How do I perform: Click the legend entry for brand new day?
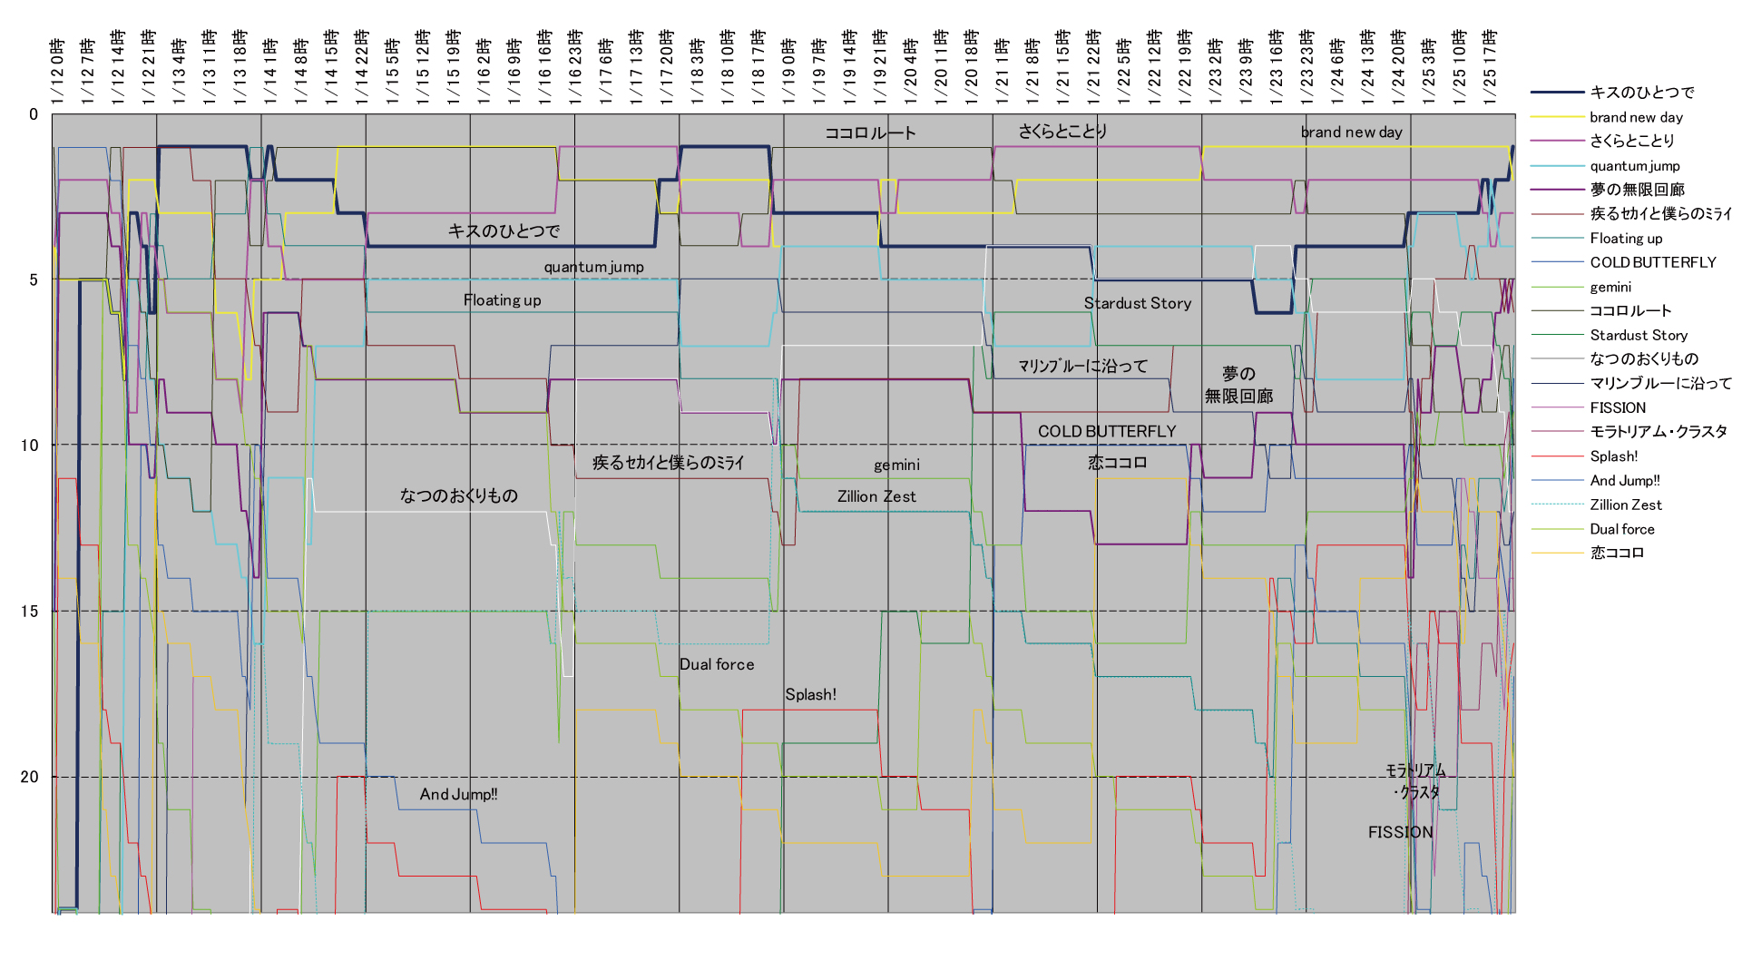tap(1636, 117)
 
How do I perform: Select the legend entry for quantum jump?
tap(1634, 166)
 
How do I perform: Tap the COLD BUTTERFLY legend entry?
tap(1652, 262)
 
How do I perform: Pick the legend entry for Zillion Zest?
tap(1626, 505)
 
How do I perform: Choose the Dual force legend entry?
tap(1621, 529)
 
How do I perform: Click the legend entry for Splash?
tap(1613, 456)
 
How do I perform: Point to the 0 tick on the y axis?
tap(34, 114)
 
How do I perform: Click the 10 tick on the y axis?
tap(30, 445)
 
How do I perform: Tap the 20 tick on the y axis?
tap(30, 777)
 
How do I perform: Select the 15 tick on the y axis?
tap(30, 611)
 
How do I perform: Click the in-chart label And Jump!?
tap(458, 794)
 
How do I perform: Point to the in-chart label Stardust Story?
tap(1138, 303)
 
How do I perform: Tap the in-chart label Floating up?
tap(502, 300)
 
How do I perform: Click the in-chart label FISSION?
tap(1400, 832)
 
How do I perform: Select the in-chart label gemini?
tap(896, 465)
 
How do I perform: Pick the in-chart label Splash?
tap(810, 694)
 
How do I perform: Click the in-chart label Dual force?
tap(717, 664)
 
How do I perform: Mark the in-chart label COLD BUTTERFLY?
tap(1106, 431)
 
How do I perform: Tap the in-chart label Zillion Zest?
tap(876, 496)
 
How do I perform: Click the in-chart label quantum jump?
tap(593, 267)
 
